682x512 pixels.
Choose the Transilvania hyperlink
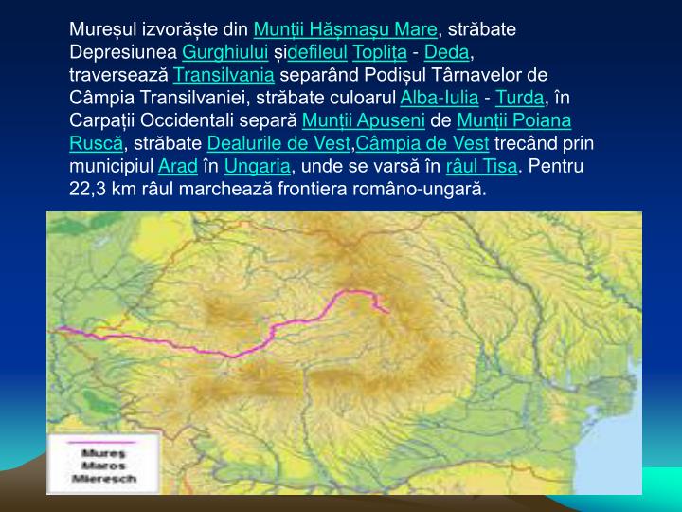[x=224, y=75]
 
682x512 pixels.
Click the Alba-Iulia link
[x=440, y=98]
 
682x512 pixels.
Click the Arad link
[x=177, y=166]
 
